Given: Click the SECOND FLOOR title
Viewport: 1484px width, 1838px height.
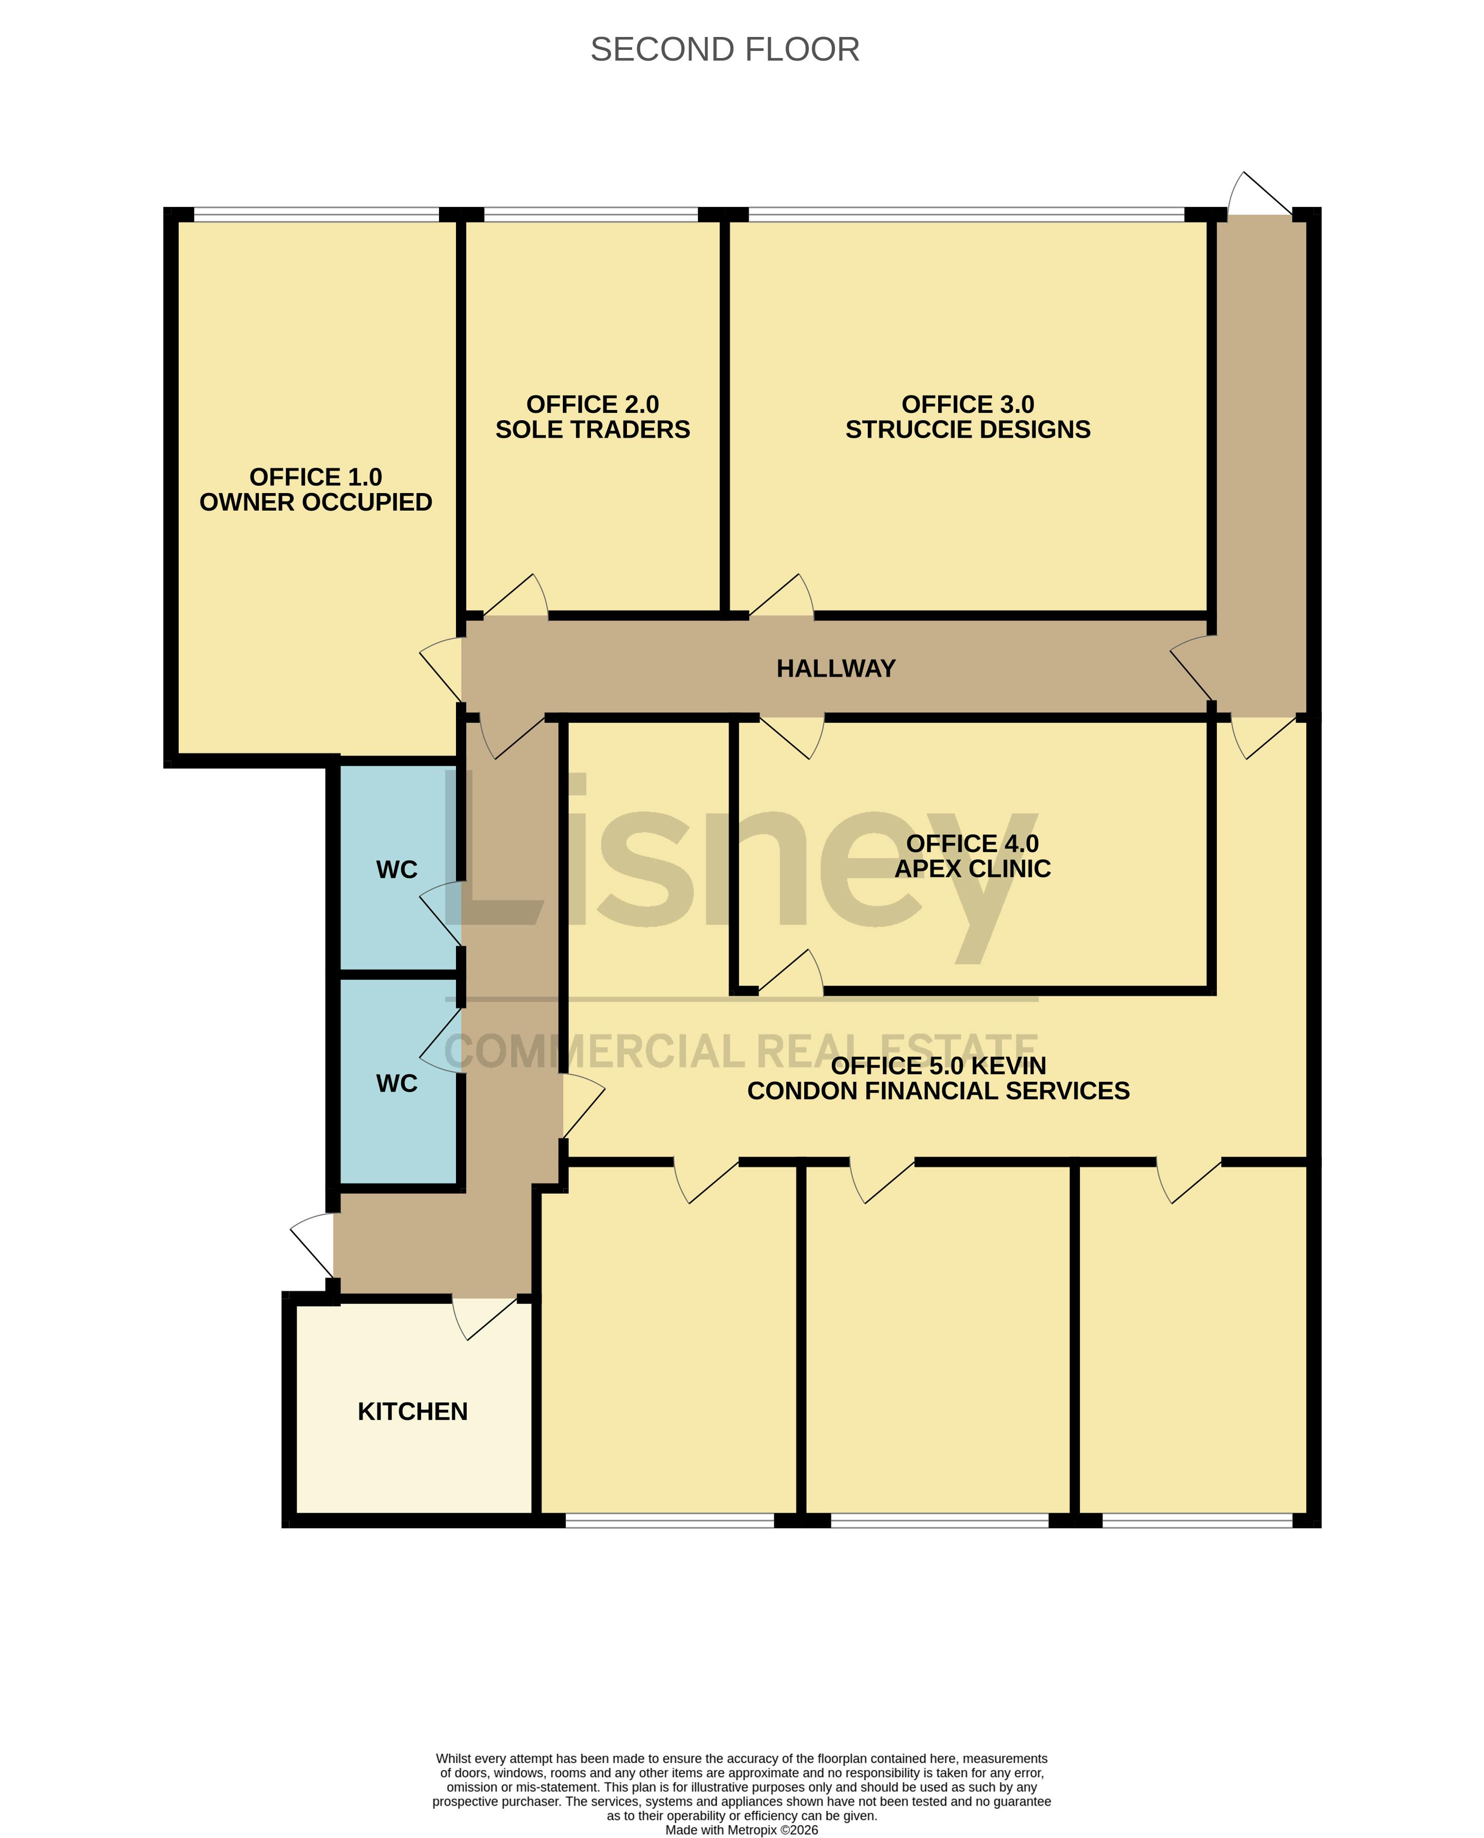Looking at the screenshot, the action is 725,50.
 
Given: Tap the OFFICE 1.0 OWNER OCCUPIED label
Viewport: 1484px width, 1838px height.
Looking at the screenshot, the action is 315,489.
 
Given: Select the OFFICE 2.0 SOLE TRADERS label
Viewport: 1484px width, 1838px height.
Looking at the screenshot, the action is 593,417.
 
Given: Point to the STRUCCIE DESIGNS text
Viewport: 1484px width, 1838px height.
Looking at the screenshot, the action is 967,429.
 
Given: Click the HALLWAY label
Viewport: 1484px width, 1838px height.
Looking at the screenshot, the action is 836,668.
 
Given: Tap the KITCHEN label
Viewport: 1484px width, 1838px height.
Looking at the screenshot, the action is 412,1411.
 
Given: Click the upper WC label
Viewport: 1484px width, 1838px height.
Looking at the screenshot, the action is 396,870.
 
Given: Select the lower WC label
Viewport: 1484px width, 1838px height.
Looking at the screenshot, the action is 396,1084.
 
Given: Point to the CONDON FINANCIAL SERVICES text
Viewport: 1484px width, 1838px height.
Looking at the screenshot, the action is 939,1091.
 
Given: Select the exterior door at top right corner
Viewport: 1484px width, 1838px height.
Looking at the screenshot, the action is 1260,193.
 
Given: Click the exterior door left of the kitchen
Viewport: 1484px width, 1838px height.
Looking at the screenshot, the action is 312,1245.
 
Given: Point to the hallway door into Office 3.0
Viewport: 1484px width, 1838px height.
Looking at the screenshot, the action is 782,595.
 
